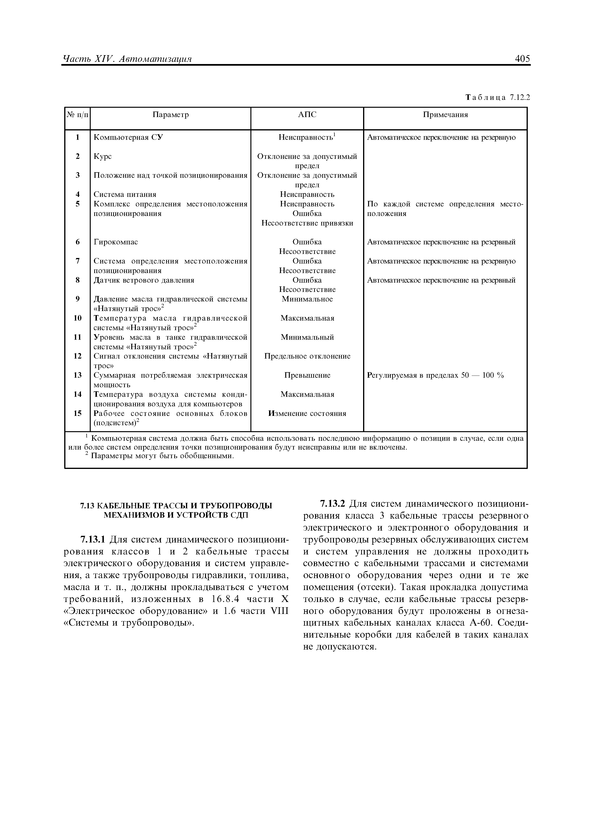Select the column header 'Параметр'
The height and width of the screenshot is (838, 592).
[x=170, y=115]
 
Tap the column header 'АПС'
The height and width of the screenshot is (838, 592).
[x=307, y=115]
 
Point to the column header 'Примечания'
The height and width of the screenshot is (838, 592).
[x=445, y=115]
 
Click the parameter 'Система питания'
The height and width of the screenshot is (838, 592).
[x=125, y=194]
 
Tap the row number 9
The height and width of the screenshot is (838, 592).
[x=78, y=299]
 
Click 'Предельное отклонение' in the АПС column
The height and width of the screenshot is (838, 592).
[x=307, y=356]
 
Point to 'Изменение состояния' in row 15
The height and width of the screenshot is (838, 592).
[x=307, y=414]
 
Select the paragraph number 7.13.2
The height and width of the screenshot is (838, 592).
[x=332, y=504]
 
